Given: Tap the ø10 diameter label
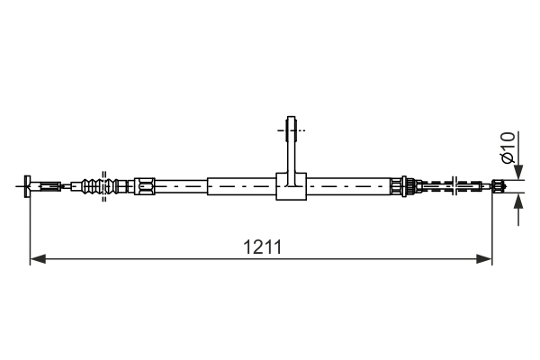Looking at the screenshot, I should [508, 147].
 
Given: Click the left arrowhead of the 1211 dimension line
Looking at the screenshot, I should [37, 259].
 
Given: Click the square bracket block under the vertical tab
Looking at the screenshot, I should [290, 186].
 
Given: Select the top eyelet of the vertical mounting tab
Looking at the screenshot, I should [290, 128].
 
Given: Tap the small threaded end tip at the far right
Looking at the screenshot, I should [497, 186].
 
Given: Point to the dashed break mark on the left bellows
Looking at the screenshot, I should [104, 183].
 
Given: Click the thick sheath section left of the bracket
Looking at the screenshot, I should [241, 186].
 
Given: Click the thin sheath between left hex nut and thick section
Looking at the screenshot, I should [180, 186].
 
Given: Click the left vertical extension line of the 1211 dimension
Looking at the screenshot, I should [31, 229].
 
